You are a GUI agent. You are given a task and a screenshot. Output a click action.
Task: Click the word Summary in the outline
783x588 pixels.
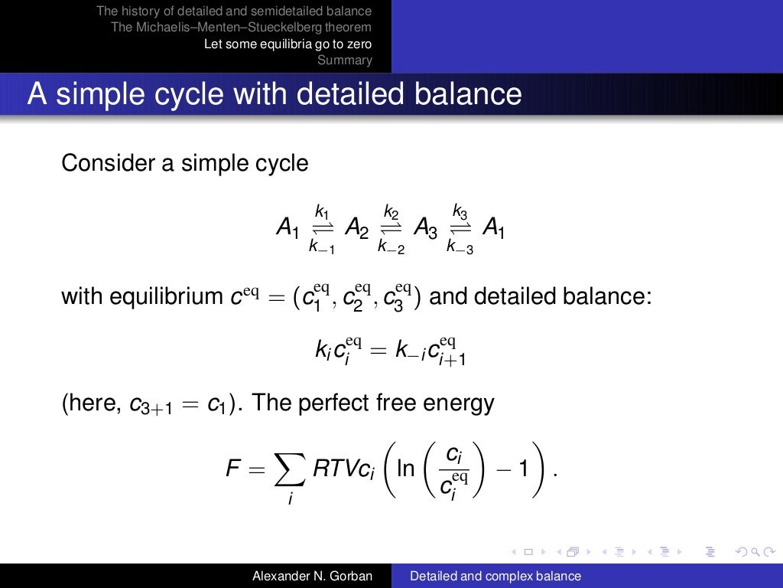pos(344,60)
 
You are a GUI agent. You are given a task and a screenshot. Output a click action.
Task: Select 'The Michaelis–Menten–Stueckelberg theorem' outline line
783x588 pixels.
pos(241,28)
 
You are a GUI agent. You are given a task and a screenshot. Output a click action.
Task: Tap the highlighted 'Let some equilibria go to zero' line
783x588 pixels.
pos(288,44)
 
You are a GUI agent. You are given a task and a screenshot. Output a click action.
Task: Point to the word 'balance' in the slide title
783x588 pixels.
pos(466,94)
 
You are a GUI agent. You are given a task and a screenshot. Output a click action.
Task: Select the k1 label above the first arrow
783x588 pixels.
pos(322,211)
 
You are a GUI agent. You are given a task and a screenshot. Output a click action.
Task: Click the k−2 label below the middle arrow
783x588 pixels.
pos(391,246)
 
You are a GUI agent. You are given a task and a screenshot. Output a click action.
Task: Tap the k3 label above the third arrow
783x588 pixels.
pos(460,211)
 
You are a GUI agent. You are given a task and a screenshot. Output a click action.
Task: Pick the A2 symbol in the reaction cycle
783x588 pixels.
pos(356,227)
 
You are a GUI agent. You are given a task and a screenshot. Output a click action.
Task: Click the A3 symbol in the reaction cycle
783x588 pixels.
pos(425,227)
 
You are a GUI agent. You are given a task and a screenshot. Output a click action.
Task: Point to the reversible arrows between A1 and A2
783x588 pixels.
pos(323,227)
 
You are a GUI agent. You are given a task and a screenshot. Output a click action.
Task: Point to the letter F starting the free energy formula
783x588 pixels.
pos(234,469)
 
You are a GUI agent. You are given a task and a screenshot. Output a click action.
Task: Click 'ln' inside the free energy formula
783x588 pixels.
pos(405,469)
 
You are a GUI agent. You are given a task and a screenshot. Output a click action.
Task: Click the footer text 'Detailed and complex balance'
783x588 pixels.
pos(495,577)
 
